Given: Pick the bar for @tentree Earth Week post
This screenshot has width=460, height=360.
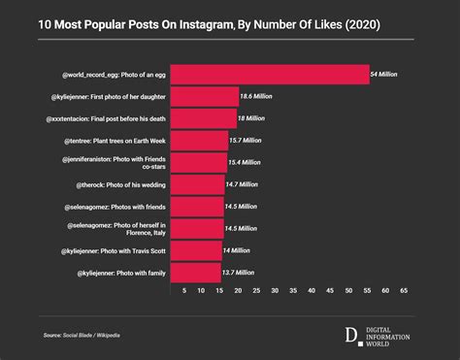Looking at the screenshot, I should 198,140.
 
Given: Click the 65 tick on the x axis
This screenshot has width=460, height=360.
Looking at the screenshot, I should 403,290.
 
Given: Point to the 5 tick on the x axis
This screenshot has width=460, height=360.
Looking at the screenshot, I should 184,290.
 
